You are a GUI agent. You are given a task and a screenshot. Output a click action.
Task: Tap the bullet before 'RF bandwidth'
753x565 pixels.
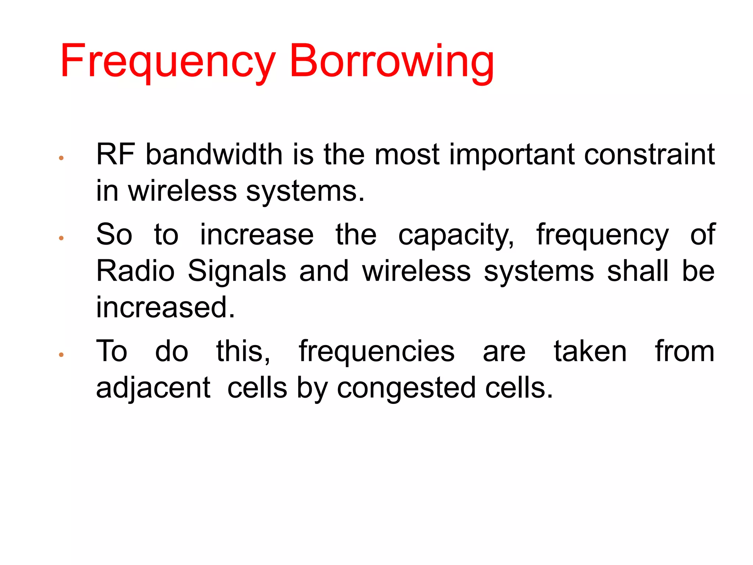click(61, 158)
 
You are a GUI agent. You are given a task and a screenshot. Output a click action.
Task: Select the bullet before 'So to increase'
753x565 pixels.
click(61, 238)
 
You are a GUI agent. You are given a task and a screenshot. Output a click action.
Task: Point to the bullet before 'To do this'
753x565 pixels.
click(61, 355)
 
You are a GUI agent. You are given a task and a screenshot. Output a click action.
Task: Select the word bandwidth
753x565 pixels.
click(214, 154)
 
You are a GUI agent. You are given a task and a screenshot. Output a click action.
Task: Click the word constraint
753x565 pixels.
click(649, 154)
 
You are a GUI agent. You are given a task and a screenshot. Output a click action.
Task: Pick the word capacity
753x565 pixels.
click(456, 235)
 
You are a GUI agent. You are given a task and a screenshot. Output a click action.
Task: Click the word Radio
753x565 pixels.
click(135, 271)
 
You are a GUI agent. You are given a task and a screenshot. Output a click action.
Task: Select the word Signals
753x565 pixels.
click(237, 271)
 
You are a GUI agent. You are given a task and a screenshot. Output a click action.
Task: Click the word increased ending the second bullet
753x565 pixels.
click(165, 308)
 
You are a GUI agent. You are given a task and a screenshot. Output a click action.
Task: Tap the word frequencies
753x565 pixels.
click(376, 351)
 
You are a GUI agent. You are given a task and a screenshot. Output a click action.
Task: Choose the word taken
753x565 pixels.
click(590, 351)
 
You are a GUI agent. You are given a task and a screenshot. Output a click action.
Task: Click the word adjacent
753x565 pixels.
click(153, 388)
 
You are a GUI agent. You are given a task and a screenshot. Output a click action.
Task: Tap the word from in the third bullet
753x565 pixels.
click(685, 351)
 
